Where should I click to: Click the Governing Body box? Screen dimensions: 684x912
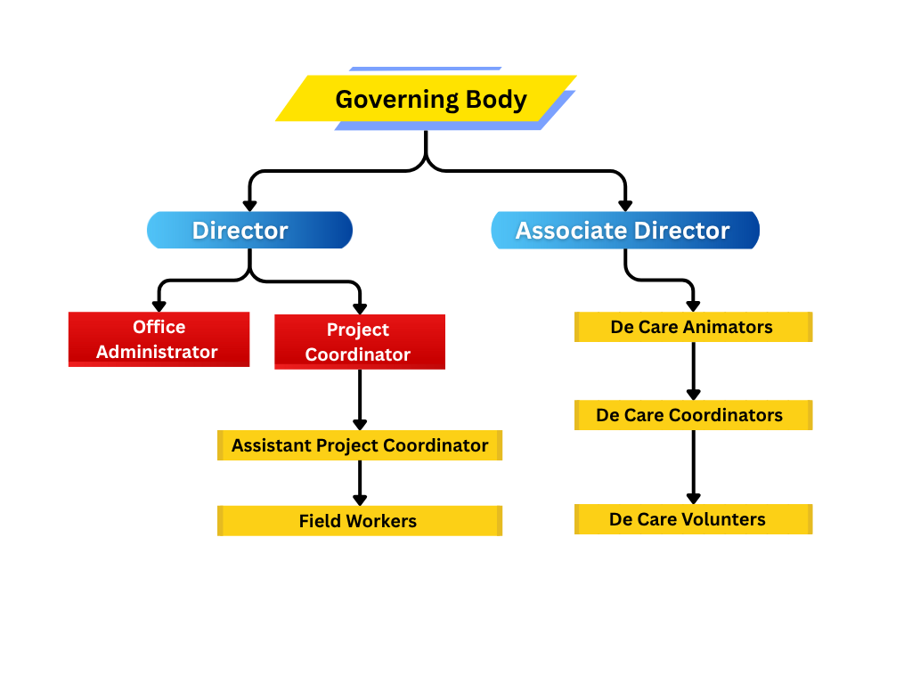[427, 99]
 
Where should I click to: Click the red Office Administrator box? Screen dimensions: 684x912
[159, 339]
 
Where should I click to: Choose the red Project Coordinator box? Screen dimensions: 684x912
[359, 342]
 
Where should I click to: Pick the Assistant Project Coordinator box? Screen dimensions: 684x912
[360, 445]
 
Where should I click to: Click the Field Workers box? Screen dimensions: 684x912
[360, 521]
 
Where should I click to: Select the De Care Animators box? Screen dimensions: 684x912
[693, 327]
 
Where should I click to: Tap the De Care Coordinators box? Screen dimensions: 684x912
[693, 415]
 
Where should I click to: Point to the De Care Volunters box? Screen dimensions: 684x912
[693, 519]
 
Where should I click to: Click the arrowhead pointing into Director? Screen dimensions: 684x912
[249, 205]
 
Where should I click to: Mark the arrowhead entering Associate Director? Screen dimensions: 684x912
[625, 205]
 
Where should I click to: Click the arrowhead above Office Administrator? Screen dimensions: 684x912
[159, 305]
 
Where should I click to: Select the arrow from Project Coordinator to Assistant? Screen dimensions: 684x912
[360, 401]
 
